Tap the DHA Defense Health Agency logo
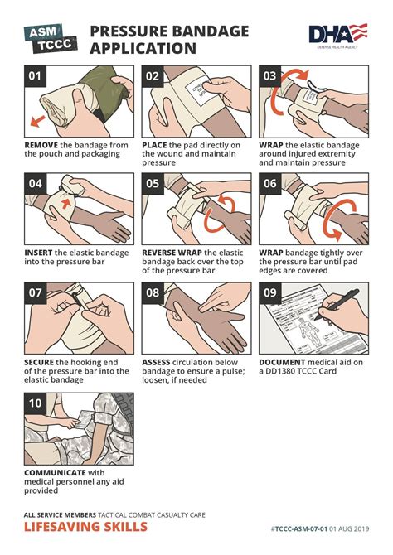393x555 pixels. click(337, 36)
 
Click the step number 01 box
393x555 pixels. click(35, 78)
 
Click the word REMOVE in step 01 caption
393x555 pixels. click(41, 145)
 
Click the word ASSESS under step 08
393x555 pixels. click(157, 362)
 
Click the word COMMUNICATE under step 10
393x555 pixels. click(57, 471)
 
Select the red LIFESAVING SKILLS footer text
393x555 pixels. click(85, 527)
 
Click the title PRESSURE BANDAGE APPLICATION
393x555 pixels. click(169, 39)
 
